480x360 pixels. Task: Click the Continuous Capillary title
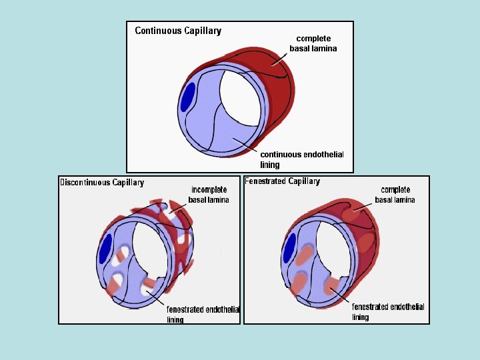(x=178, y=31)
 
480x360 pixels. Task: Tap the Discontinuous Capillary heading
(x=101, y=183)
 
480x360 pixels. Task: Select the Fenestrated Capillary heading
(x=282, y=181)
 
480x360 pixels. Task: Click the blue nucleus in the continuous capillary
(x=188, y=97)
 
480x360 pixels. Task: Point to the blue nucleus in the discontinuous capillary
(x=105, y=249)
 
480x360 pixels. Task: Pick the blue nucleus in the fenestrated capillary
(x=289, y=248)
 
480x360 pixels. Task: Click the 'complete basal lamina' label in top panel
(x=313, y=43)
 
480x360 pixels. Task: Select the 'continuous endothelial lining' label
(x=301, y=159)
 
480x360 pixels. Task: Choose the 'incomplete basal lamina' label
(x=209, y=195)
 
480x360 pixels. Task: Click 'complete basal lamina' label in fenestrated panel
(x=395, y=195)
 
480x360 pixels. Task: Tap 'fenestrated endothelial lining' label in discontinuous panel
(x=202, y=313)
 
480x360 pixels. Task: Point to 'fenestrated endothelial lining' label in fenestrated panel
(x=388, y=312)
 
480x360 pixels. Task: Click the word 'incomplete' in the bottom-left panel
(x=209, y=190)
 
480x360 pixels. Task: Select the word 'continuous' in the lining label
(x=281, y=155)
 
